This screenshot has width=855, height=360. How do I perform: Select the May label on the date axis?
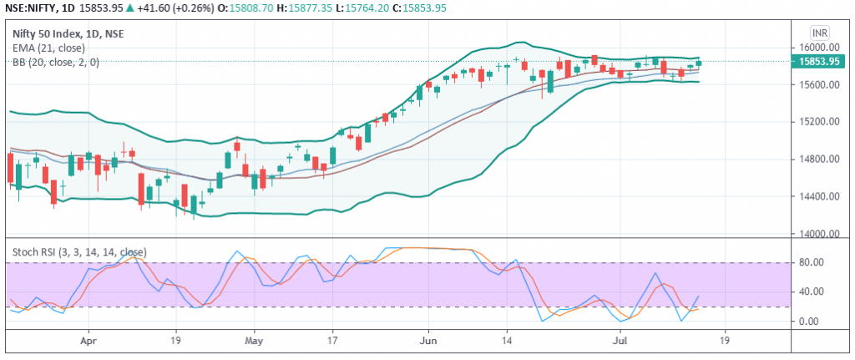pos(254,341)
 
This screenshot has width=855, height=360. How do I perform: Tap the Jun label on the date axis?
pos(428,341)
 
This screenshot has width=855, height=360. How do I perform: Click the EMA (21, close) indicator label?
pos(48,48)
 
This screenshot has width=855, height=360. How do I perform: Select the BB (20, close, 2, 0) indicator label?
pos(56,62)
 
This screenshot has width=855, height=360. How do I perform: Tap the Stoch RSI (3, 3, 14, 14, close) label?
pos(79,251)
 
